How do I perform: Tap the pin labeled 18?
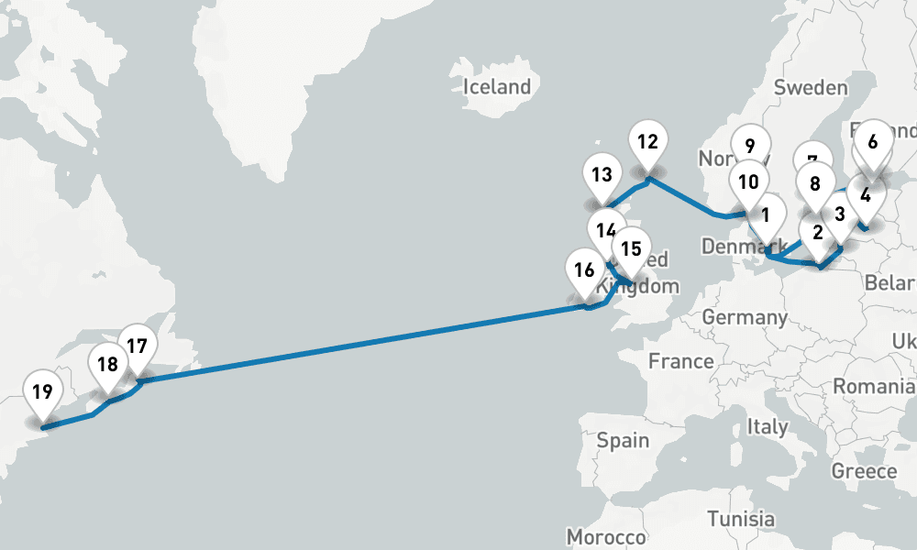click(107, 365)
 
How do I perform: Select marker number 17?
click(138, 347)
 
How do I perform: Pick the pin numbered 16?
click(584, 270)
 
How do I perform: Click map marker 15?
click(630, 249)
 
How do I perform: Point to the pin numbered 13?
click(602, 174)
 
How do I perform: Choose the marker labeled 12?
click(648, 142)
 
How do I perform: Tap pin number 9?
click(750, 146)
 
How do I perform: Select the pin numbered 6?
click(872, 142)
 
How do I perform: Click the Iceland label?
click(498, 87)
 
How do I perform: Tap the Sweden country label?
click(811, 88)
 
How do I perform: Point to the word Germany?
click(745, 318)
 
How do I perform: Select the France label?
click(680, 361)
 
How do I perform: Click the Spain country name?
click(624, 441)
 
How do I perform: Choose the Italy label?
click(767, 427)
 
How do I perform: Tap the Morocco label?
click(606, 536)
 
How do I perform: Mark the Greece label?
click(864, 471)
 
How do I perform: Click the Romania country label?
click(874, 388)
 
